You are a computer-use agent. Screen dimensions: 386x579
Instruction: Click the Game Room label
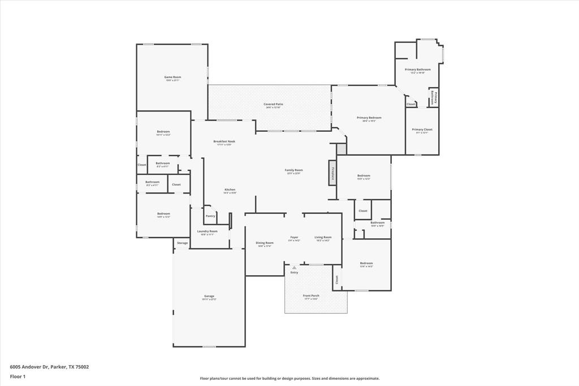pos(172,77)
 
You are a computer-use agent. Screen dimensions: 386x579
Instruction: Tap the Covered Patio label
pos(272,104)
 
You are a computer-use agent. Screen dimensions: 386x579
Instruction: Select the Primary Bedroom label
pos(366,118)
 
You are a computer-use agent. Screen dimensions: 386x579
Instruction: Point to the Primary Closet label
pos(422,129)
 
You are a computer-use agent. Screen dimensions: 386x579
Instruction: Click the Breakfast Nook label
pos(224,141)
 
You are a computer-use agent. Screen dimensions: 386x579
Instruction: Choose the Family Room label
pos(293,170)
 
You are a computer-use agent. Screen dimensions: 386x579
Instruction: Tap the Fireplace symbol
pos(333,173)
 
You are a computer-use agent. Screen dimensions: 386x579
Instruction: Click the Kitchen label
pos(230,190)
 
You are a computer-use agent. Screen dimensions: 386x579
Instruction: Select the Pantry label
pos(210,216)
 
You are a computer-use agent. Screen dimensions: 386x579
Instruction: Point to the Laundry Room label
pos(207,231)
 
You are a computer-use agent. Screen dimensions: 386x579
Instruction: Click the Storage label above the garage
pos(182,243)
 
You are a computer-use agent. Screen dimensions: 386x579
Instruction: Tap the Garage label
pos(209,296)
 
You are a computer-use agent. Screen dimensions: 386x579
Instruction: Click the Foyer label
pos(294,237)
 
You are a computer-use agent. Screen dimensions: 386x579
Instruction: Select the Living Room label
pos(323,237)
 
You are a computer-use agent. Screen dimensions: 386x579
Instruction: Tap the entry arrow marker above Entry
pos(294,268)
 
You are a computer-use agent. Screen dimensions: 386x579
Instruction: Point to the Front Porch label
pos(310,295)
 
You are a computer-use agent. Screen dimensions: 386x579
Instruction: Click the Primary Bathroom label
pos(417,70)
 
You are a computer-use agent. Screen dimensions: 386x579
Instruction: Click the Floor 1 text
pos(17,376)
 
